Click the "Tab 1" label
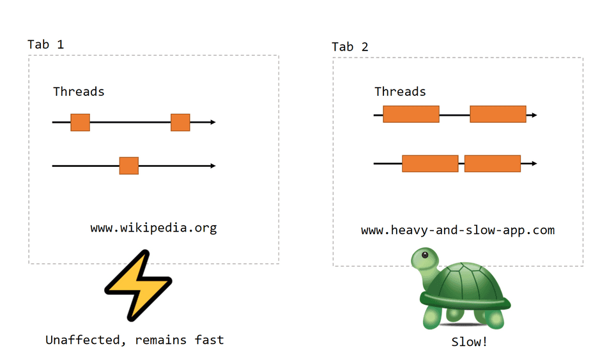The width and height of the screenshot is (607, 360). [45, 44]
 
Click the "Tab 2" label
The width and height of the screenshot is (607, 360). [350, 47]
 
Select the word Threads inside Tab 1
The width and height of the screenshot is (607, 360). [79, 91]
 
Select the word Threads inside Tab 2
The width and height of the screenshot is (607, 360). [400, 91]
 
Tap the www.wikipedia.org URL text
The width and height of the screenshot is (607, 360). [153, 228]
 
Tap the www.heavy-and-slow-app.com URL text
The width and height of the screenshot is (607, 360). [457, 230]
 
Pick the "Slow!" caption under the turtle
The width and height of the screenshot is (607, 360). [469, 342]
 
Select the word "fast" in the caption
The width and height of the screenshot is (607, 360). [210, 340]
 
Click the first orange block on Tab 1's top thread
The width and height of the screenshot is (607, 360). [80, 122]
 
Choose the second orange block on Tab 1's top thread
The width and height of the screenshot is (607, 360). [180, 122]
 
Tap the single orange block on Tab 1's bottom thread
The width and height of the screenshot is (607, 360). [129, 166]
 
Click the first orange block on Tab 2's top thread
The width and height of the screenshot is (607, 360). [411, 114]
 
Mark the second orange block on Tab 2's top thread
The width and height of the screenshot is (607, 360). [498, 114]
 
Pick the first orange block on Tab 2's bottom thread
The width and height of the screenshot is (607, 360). [430, 164]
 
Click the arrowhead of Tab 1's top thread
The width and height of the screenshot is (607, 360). [213, 122]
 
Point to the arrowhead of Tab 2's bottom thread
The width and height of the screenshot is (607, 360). [534, 164]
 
